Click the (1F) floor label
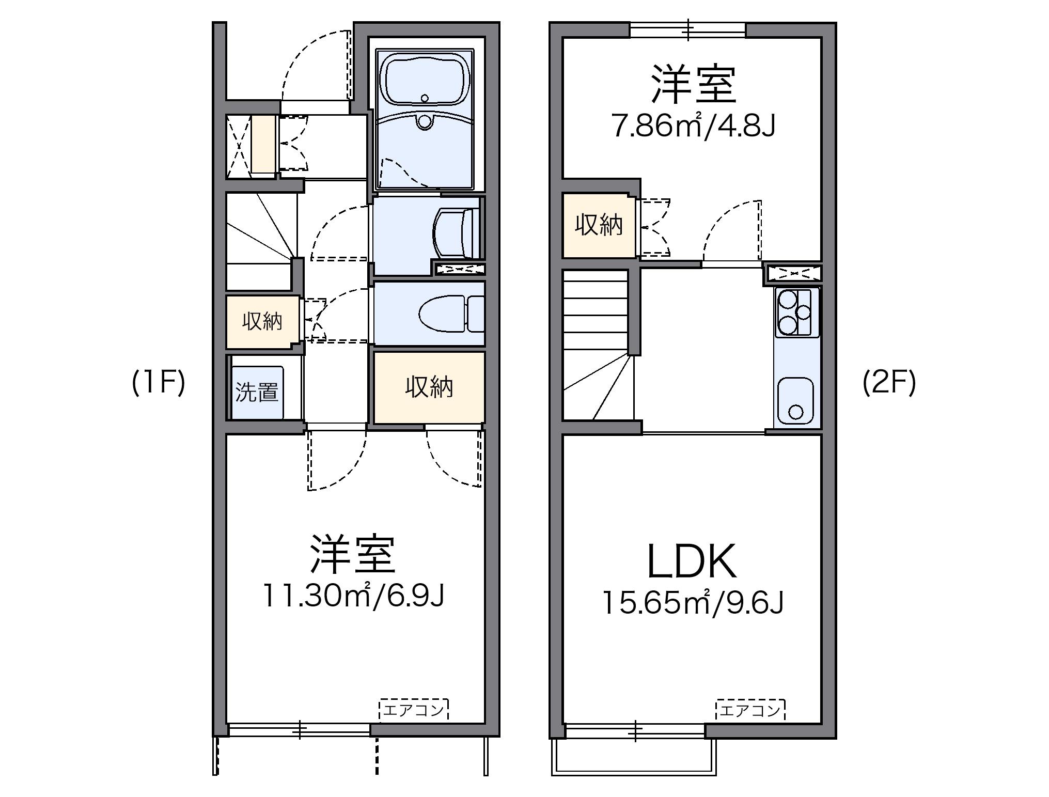(x=159, y=383)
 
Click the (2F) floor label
(x=889, y=383)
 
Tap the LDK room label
(x=692, y=562)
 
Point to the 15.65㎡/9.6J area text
(x=693, y=602)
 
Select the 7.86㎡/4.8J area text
(x=694, y=126)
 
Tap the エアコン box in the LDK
(x=750, y=711)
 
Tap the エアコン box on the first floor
(x=414, y=710)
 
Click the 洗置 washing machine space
(x=257, y=392)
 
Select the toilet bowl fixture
(x=444, y=314)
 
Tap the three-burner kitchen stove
(x=795, y=312)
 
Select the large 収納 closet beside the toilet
(x=429, y=387)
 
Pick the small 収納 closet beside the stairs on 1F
(x=262, y=321)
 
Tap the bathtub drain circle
(x=425, y=98)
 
